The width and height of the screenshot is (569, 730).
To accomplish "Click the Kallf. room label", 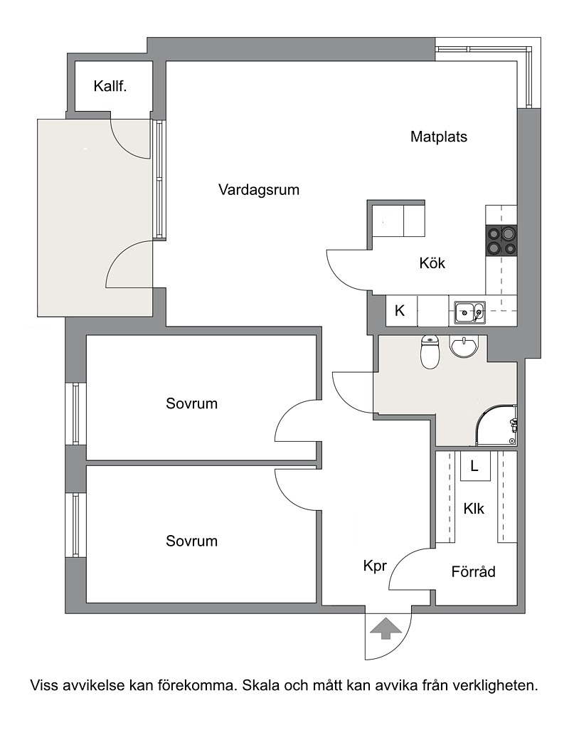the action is (110, 86).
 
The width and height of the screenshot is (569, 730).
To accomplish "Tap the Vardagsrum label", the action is (259, 190).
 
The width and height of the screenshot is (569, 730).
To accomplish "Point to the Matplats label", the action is (439, 137).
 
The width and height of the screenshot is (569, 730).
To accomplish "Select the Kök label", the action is (432, 263).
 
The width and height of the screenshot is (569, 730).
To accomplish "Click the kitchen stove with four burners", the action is (501, 240).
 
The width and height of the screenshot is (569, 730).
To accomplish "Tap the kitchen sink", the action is (470, 311).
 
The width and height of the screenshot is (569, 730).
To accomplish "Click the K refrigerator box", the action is (401, 311).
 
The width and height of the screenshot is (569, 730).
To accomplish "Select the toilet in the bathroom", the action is (430, 351).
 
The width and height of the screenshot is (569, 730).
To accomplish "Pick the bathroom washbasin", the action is (464, 347).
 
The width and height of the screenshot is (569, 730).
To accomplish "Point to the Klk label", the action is (474, 509).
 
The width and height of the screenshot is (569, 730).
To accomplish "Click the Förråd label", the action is (473, 571).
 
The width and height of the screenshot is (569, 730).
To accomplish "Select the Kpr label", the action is (375, 566).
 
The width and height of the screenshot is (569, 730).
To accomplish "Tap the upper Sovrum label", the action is (192, 403).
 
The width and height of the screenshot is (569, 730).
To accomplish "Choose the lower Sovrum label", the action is (192, 541).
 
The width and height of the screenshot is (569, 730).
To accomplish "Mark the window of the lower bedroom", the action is (76, 524).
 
